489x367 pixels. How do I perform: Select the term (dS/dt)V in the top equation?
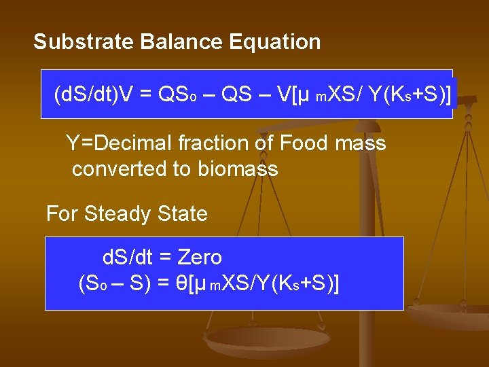click(x=94, y=94)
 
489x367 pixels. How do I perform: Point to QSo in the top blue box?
click(x=177, y=94)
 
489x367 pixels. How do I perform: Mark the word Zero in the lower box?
click(x=200, y=257)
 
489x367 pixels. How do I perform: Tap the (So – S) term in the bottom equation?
click(x=114, y=282)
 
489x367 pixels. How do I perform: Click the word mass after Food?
click(x=361, y=143)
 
